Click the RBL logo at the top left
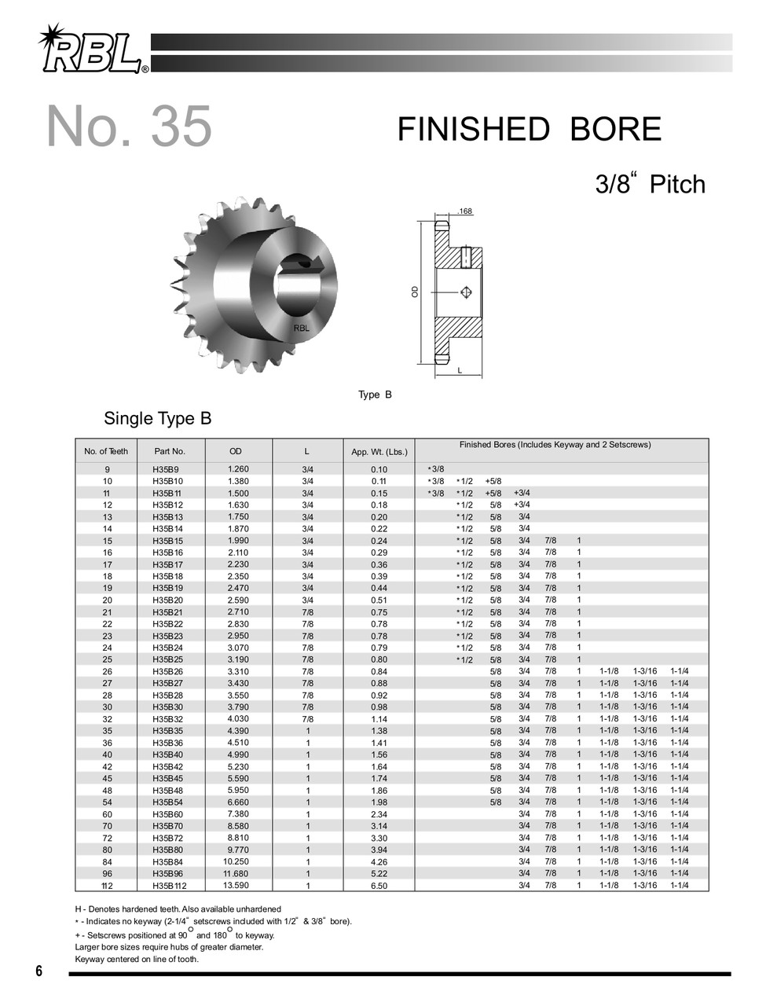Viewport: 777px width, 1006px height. tap(90, 51)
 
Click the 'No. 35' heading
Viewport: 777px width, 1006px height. tap(130, 126)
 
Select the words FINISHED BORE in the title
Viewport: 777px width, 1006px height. tap(529, 130)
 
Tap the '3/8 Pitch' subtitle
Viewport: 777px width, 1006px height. tap(650, 185)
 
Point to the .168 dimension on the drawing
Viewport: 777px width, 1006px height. tap(464, 211)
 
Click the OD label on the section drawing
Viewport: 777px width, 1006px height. tap(415, 292)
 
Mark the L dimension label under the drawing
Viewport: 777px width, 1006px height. tap(459, 370)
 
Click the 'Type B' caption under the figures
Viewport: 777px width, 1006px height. tap(375, 395)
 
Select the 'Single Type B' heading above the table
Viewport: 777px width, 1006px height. tap(158, 418)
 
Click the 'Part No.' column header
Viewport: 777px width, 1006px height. tap(170, 451)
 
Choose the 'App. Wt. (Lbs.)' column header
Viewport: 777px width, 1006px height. tap(379, 452)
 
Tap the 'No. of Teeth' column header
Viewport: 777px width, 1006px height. tap(106, 451)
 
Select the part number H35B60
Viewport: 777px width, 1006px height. tap(167, 814)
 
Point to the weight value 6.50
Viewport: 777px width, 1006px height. tap(379, 886)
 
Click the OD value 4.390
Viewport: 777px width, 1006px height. tap(238, 730)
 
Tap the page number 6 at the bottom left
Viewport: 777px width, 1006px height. tap(38, 971)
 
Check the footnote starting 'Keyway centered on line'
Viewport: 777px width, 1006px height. tap(137, 959)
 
